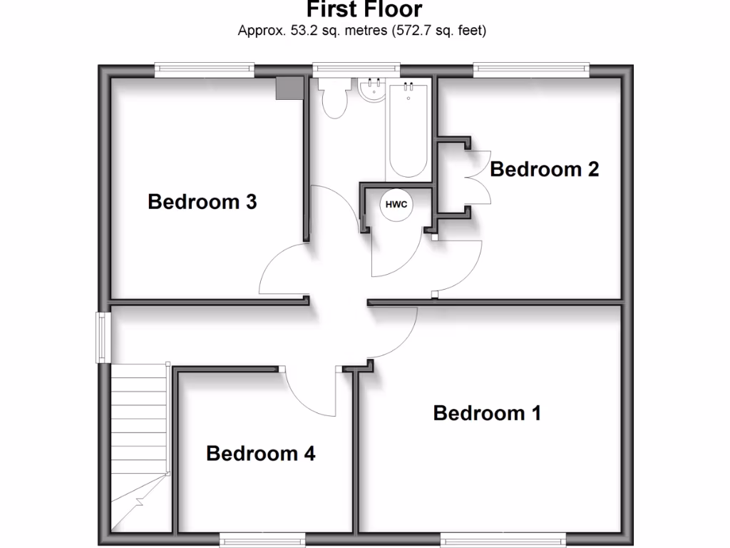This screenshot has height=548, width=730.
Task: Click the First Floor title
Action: click(364, 9)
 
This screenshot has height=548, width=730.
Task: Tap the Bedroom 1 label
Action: click(487, 412)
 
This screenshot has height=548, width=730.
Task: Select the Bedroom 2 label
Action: click(544, 169)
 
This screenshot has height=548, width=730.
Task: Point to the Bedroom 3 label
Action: click(202, 202)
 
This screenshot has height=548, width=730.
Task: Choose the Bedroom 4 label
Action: click(260, 453)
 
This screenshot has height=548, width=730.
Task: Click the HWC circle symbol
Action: click(396, 205)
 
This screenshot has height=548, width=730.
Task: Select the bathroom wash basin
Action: click(371, 90)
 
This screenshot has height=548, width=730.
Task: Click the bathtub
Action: click(408, 128)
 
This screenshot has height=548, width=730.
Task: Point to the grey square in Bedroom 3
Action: click(290, 88)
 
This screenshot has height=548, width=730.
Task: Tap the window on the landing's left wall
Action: click(104, 337)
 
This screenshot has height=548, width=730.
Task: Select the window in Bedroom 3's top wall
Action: click(205, 68)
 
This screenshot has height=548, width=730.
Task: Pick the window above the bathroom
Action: click(356, 68)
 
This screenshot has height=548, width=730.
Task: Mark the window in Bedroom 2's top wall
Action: click(531, 68)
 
